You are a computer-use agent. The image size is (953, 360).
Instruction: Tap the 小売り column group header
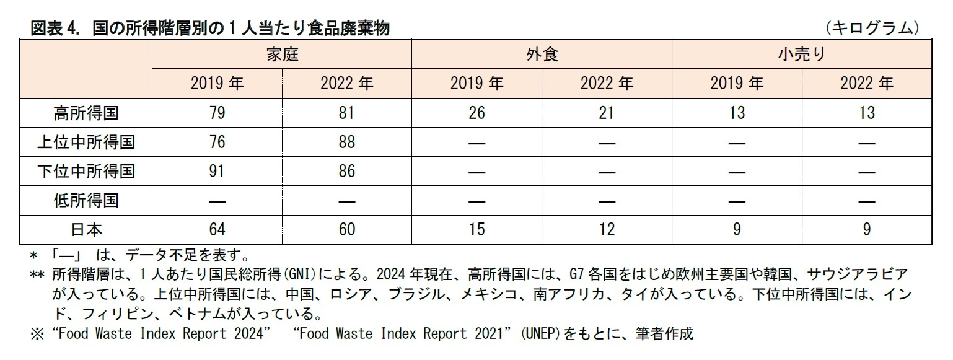[x=802, y=55]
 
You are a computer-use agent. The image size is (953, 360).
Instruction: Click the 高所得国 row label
[x=86, y=113]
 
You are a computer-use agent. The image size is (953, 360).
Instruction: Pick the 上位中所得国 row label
[x=86, y=142]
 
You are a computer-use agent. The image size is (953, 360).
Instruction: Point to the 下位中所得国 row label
[x=86, y=171]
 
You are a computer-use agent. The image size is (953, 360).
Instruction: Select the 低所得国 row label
[x=86, y=200]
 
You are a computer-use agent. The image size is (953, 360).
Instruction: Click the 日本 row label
[x=86, y=229]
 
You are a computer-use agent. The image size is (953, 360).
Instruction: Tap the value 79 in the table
[x=217, y=113]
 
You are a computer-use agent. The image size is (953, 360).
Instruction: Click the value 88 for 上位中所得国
[x=347, y=142]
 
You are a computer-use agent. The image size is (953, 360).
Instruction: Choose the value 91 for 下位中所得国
[x=217, y=171]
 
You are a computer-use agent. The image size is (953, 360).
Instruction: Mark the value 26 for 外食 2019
[x=476, y=113]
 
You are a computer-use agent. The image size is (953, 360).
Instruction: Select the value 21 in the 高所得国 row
[x=607, y=113]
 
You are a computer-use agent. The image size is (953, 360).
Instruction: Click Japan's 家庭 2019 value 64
[x=217, y=229]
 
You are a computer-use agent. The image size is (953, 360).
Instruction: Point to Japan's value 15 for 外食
[x=476, y=229]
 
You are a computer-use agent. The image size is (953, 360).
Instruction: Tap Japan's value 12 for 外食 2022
[x=607, y=229]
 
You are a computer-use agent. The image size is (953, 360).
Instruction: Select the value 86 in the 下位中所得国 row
[x=347, y=171]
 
